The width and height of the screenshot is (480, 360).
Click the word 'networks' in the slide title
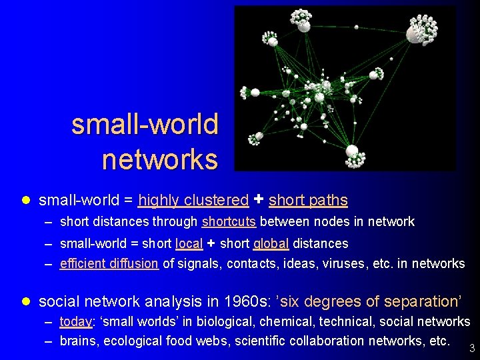click(160, 159)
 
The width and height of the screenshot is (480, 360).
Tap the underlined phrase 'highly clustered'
click(193, 200)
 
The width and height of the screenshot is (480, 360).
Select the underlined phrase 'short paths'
click(308, 200)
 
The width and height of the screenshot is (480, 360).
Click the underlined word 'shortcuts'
click(229, 222)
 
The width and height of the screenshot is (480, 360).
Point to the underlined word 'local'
click(189, 244)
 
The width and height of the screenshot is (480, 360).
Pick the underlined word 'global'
click(271, 244)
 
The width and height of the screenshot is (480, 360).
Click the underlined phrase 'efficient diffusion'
click(109, 264)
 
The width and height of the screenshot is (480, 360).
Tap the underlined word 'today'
click(75, 322)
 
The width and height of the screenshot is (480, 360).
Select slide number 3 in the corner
click(472, 348)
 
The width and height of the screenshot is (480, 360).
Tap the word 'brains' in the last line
click(77, 341)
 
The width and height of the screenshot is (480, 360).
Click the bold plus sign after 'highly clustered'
click(259, 199)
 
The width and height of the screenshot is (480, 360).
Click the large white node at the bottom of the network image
click(351, 151)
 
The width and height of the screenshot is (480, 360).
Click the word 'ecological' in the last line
click(142, 341)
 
